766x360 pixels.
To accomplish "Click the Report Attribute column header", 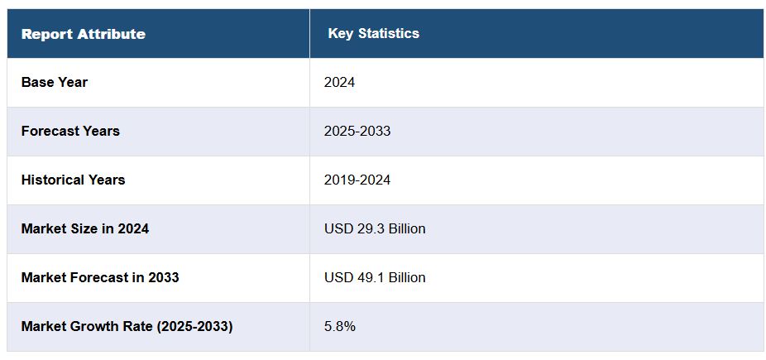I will [83, 34].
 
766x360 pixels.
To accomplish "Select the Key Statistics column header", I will [373, 33].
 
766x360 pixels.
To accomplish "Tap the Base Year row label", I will [55, 82].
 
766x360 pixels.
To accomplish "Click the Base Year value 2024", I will [339, 82].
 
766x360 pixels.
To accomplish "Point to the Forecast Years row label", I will [70, 131].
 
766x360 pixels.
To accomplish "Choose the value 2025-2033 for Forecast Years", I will [357, 131].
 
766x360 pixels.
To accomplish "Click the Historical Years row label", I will [73, 180].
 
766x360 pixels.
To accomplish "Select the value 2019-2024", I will [357, 180].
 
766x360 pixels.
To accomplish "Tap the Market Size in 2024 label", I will [85, 228].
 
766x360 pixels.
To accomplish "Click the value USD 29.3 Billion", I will [375, 228].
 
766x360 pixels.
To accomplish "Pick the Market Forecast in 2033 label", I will [100, 277].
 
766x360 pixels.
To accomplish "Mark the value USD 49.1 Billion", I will [375, 277].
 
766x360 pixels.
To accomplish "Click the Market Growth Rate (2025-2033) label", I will [127, 326].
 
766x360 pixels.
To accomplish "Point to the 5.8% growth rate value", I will [339, 326].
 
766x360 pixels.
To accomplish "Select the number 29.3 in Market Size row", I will [367, 228].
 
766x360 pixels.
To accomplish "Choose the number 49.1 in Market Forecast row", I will [367, 277].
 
